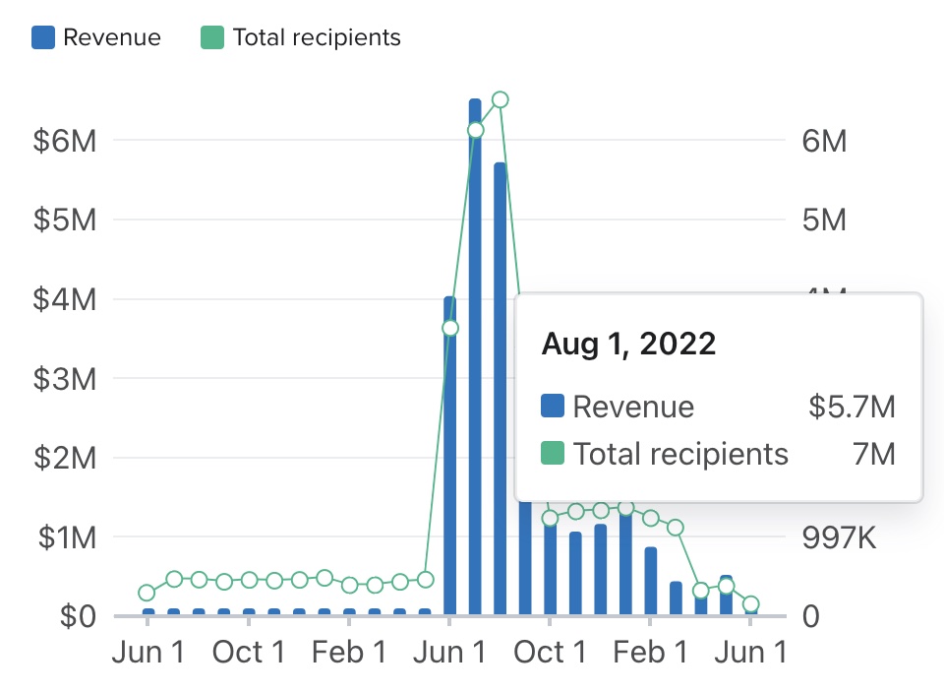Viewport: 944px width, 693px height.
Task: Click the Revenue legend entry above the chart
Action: [96, 37]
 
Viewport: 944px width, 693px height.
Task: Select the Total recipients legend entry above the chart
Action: [301, 37]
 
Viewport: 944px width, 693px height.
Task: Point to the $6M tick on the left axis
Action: [65, 140]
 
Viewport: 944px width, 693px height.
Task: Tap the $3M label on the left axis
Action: [65, 379]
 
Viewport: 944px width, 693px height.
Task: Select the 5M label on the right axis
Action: [823, 220]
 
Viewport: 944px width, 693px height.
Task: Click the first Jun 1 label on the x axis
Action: [147, 653]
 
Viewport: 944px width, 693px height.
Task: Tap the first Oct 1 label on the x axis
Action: [249, 653]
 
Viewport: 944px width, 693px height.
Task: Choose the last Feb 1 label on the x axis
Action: [650, 653]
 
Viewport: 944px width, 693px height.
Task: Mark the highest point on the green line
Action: [500, 99]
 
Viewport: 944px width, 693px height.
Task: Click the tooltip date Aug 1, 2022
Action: [628, 344]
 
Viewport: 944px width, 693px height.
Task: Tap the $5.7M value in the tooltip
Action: [852, 407]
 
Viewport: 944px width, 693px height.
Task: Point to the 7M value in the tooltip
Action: [874, 454]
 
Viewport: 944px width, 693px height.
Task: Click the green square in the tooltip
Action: [553, 454]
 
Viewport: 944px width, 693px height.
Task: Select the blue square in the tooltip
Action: [553, 407]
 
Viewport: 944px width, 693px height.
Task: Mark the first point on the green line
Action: [147, 593]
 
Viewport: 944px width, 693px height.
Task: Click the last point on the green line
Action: [750, 604]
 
